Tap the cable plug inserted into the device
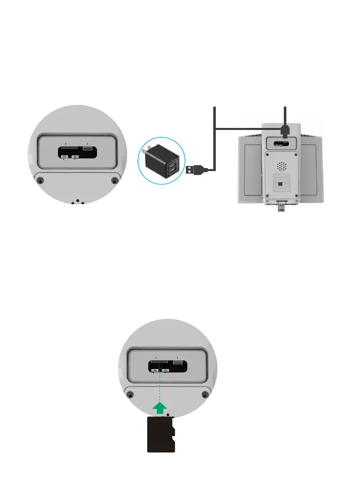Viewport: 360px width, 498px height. point(285,131)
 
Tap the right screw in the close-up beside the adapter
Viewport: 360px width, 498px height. point(114,181)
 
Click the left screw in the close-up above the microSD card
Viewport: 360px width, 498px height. point(132,394)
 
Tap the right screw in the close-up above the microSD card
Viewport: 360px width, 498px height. point(205,394)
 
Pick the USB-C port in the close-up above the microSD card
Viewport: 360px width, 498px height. point(178,363)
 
